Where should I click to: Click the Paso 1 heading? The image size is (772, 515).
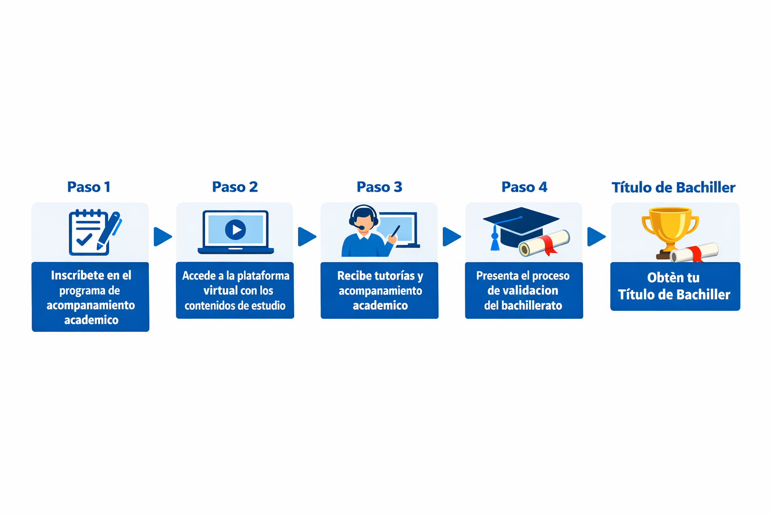click(89, 187)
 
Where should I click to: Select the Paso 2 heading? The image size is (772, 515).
click(235, 187)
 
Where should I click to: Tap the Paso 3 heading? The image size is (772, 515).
click(379, 187)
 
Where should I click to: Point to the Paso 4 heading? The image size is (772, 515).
click(524, 187)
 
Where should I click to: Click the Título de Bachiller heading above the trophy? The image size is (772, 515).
click(673, 188)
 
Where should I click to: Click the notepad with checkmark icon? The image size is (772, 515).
click(88, 232)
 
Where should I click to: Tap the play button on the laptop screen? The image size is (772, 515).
click(235, 230)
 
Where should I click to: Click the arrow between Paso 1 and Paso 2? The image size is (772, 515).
click(162, 236)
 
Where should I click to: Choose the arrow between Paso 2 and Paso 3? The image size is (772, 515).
click(307, 236)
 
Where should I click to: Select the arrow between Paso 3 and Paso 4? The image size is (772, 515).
click(451, 236)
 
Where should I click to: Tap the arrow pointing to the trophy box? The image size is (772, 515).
click(596, 236)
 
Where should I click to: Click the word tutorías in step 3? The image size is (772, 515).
click(390, 276)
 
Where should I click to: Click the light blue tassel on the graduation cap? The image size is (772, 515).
click(495, 241)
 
